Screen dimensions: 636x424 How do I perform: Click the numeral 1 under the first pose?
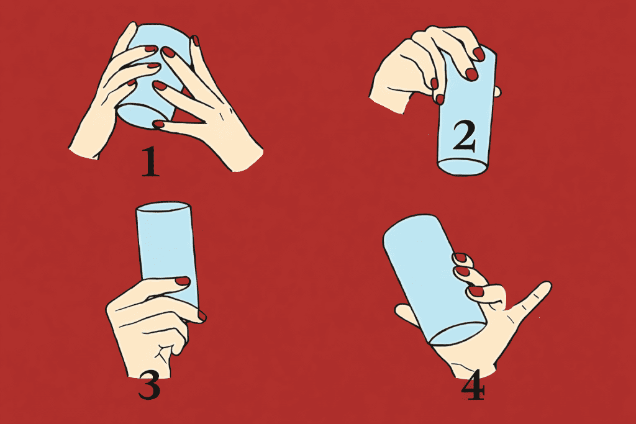coord(150,162)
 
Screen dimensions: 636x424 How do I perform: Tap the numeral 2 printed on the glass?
coord(465,137)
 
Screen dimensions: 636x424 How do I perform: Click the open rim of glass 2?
coord(462,166)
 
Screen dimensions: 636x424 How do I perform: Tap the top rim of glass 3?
coord(163,207)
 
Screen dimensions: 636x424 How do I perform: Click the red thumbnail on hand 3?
coord(182,281)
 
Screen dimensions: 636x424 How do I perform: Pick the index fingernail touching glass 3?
coord(202,316)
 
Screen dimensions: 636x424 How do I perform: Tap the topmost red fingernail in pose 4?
coord(460,258)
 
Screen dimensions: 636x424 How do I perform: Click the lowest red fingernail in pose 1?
coord(158,124)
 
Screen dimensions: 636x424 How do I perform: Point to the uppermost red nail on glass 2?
coord(479,54)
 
